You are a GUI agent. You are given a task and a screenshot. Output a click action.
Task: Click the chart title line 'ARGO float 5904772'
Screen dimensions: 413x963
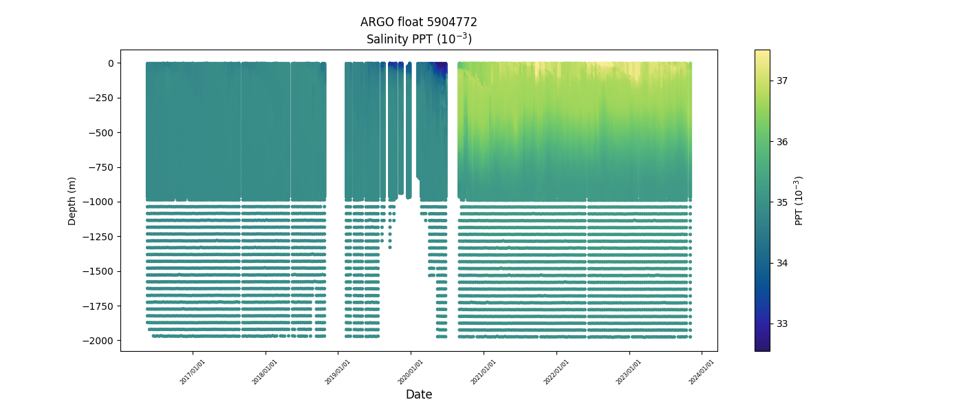pos(418,22)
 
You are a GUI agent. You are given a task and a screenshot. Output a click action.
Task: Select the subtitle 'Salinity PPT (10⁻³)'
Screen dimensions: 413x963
pos(418,39)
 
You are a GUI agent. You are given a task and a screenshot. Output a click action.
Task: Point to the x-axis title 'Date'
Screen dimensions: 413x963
pos(418,394)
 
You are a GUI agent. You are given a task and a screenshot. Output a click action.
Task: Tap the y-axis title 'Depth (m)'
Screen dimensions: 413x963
pos(72,200)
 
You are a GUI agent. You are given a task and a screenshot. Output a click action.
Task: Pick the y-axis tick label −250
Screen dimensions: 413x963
pos(102,98)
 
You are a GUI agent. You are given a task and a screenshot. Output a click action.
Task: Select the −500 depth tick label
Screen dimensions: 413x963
pos(102,133)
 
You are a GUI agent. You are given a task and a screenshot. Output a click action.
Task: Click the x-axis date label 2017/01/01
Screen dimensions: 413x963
pos(193,371)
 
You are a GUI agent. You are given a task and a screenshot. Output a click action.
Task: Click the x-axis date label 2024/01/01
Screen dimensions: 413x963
pos(702,371)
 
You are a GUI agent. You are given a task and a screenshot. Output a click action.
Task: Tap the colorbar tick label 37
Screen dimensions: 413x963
pos(783,81)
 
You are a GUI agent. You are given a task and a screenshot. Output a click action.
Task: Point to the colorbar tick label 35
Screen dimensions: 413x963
pos(783,202)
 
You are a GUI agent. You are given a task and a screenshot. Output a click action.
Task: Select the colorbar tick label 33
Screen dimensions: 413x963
pos(783,324)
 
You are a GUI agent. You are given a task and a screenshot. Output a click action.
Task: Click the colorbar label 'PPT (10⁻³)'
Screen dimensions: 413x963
pos(799,200)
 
